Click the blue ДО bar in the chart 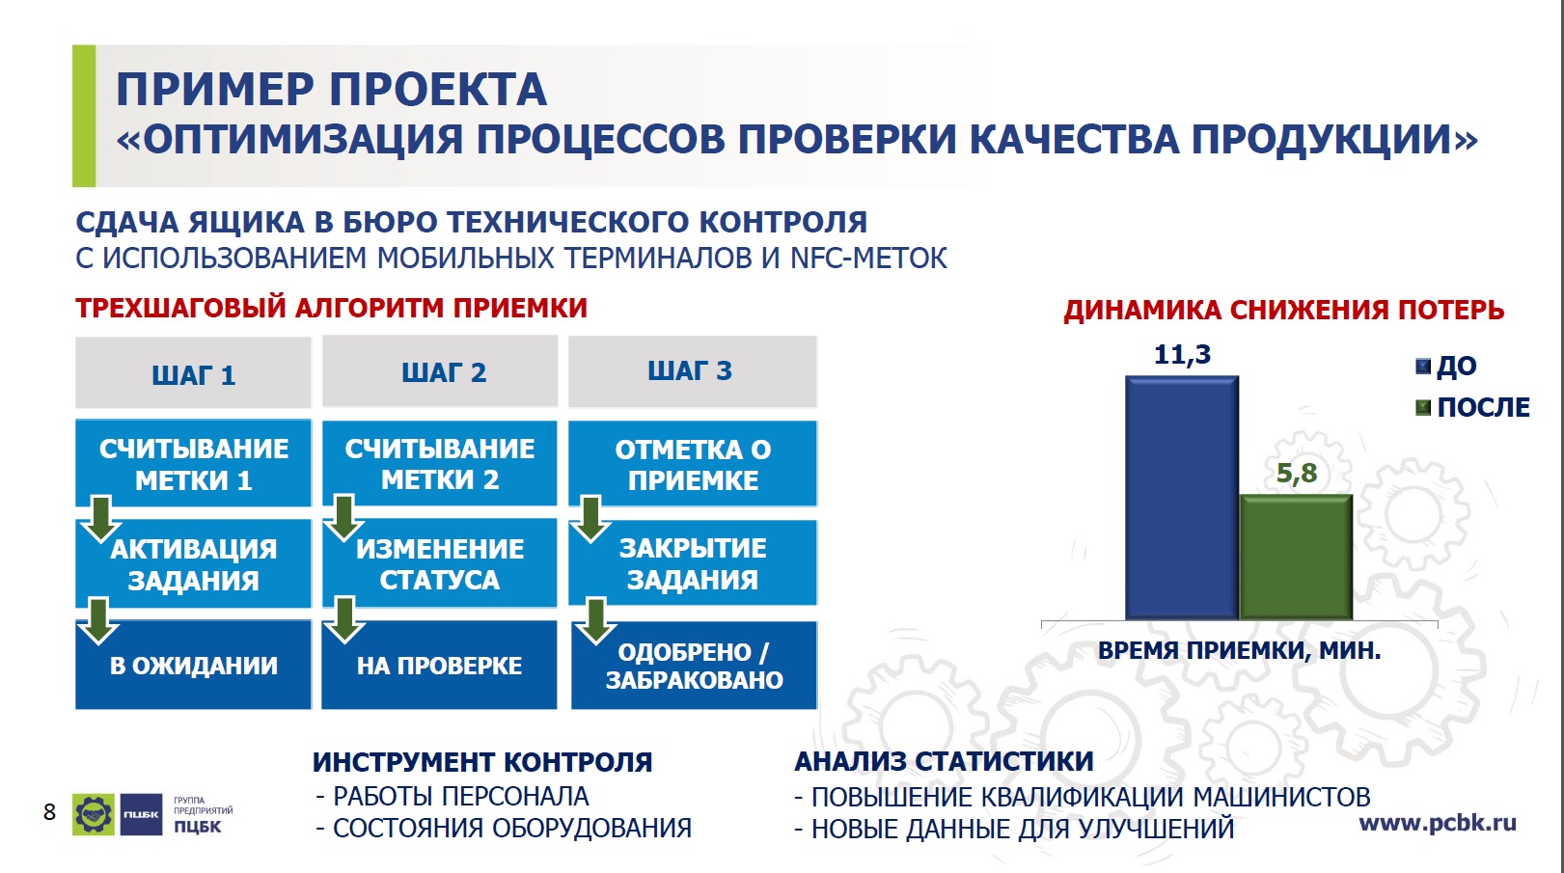(1182, 498)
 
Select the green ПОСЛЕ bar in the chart (1297, 557)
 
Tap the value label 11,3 (1182, 354)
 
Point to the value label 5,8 (1297, 473)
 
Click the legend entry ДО (1446, 366)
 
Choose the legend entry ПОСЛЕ (1472, 407)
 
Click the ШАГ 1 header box (193, 372)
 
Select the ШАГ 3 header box (693, 371)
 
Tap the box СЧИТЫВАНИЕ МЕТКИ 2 (440, 463)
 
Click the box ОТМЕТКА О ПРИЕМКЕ (693, 463)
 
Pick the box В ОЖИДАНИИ (193, 665)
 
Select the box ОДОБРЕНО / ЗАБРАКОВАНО (694, 665)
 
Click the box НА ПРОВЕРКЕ (439, 665)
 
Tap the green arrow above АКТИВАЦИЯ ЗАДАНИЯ (101, 519)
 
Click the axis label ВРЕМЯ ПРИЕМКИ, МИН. (1239, 650)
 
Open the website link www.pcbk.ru (1438, 824)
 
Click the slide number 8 (49, 811)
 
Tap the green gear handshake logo (94, 814)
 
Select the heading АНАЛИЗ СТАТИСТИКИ (944, 761)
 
